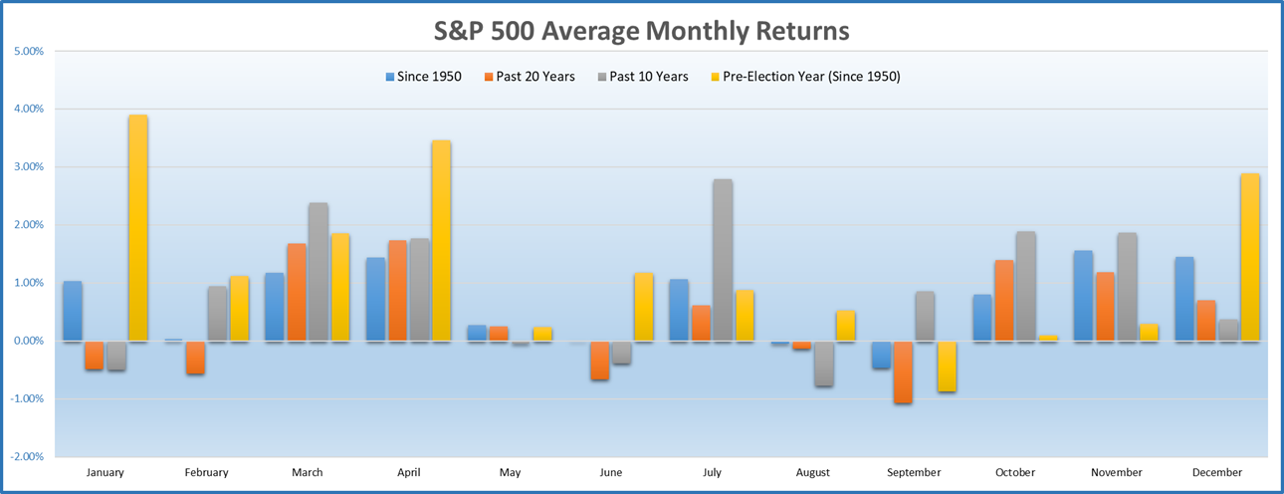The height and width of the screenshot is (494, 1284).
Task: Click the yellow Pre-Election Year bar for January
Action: [x=137, y=228]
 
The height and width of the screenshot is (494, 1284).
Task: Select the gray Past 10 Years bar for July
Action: [x=722, y=260]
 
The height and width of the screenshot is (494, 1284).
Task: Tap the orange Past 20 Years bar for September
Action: [x=903, y=371]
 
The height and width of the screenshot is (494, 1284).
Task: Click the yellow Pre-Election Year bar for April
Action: [x=441, y=241]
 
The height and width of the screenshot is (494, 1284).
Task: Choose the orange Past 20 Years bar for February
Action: [x=195, y=358]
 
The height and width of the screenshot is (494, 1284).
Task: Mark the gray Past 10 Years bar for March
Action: [x=319, y=272]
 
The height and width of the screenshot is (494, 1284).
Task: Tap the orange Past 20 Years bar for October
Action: [x=1003, y=301]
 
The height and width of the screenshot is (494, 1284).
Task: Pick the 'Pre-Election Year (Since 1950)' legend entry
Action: [x=803, y=76]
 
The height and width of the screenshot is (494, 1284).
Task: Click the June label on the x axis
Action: [x=610, y=472]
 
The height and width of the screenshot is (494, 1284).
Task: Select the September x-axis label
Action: [x=913, y=472]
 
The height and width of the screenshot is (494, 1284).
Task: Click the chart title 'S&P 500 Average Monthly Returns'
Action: [x=641, y=31]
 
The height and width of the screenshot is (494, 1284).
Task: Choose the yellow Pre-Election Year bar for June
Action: [x=643, y=307]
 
